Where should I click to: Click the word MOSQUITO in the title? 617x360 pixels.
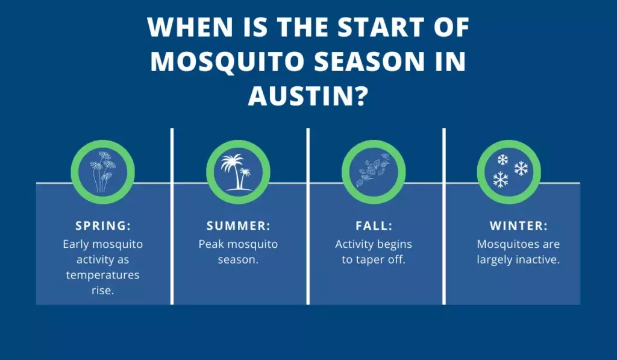tap(219, 62)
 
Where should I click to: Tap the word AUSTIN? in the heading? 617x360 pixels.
tap(307, 96)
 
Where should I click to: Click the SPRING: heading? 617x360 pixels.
tap(102, 226)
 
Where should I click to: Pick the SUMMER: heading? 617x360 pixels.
tap(239, 226)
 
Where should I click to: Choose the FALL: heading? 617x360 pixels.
tap(374, 226)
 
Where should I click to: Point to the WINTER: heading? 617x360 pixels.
tap(518, 226)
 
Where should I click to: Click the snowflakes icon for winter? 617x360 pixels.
tap(509, 170)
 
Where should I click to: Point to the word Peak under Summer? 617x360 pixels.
tap(211, 244)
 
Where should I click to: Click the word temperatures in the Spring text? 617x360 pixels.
tap(103, 275)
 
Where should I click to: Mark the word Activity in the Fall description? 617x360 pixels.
tap(355, 244)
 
